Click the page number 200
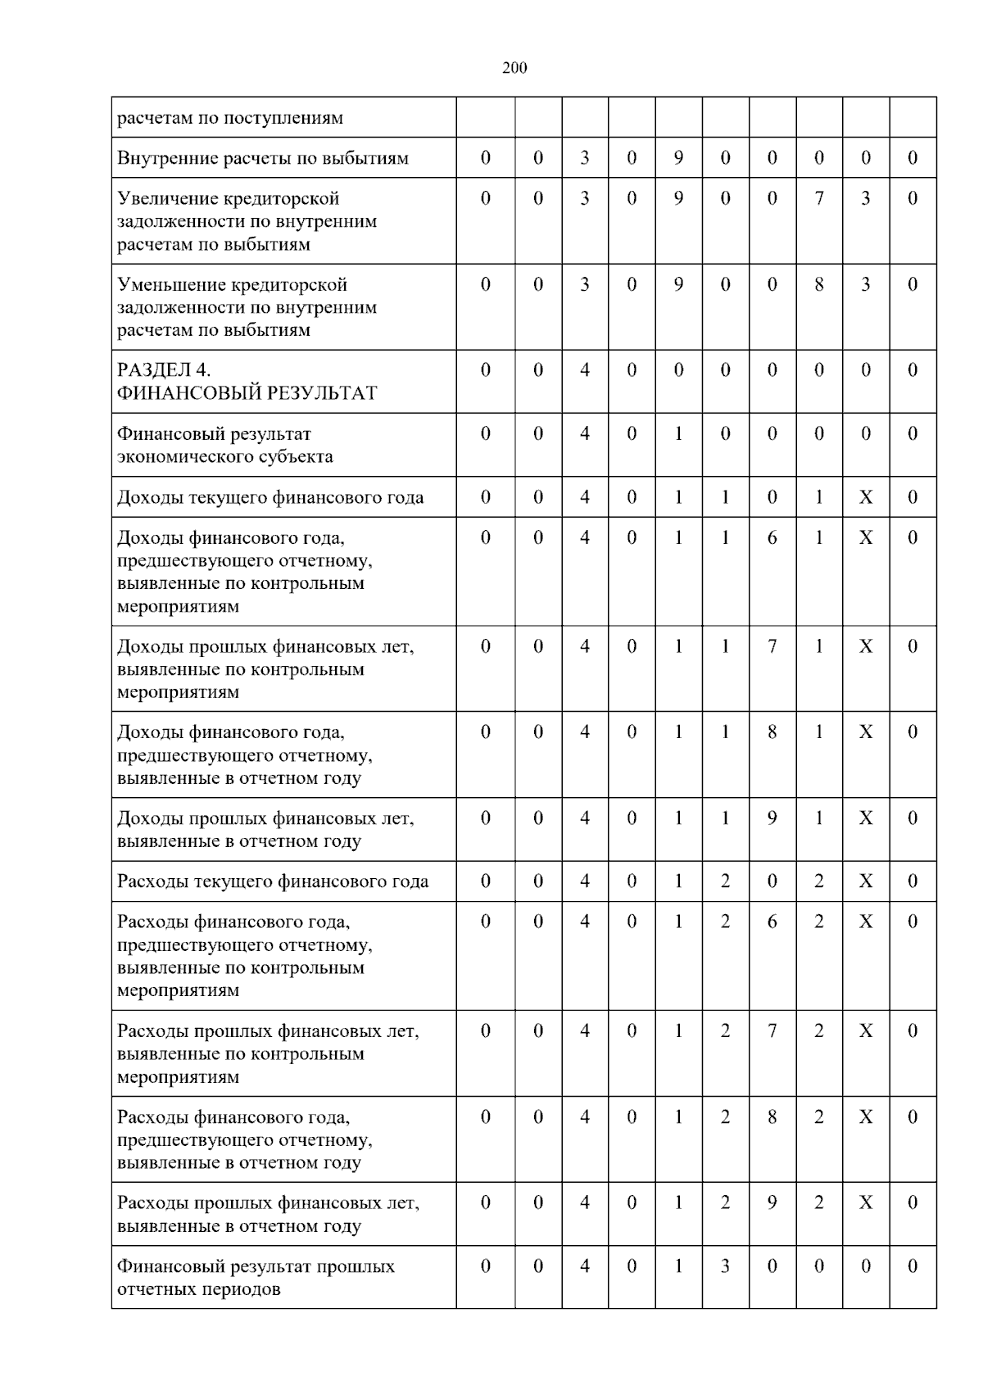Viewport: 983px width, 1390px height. [514, 68]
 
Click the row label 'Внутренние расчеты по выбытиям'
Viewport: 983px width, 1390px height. [262, 158]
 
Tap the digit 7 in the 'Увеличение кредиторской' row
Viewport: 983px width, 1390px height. [818, 198]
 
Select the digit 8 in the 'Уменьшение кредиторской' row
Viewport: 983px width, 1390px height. [818, 284]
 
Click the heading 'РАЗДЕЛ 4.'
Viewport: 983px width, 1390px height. [164, 370]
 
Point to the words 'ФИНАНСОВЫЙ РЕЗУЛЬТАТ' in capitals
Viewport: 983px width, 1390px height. [247, 393]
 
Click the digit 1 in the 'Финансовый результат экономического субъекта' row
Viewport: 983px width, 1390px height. [678, 434]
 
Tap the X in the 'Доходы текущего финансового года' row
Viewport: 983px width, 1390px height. [865, 497]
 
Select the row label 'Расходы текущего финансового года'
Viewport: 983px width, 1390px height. [273, 882]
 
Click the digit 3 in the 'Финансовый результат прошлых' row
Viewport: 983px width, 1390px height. [725, 1266]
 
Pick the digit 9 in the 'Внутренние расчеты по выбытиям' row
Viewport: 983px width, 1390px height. [678, 158]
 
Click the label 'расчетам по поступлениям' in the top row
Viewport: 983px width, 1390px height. [230, 118]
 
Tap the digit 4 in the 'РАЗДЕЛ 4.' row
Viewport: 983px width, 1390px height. [585, 370]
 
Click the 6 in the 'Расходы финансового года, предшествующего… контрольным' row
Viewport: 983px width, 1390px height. [772, 922]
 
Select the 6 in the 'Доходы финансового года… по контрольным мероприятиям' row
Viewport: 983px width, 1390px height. [772, 538]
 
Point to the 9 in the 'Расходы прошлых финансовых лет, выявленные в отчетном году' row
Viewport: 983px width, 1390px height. [772, 1203]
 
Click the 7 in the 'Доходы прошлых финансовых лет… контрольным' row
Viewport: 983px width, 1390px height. [772, 647]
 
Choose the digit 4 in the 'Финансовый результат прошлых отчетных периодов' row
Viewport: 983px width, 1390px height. [585, 1266]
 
